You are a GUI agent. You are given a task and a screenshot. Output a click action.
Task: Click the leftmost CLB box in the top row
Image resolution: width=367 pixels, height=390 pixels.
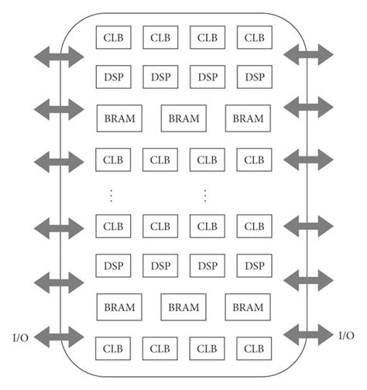[113, 36]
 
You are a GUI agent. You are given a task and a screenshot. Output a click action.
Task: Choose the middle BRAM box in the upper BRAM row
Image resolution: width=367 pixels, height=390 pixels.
[183, 118]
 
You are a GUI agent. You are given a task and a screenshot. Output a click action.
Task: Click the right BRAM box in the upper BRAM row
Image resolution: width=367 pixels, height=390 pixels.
[248, 118]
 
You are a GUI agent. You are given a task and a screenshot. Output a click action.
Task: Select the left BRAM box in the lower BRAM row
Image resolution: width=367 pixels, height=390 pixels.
[118, 307]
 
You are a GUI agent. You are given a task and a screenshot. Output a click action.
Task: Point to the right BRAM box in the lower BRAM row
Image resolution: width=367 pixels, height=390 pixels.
[248, 307]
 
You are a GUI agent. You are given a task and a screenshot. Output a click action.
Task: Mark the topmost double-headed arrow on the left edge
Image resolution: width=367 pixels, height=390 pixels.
[59, 56]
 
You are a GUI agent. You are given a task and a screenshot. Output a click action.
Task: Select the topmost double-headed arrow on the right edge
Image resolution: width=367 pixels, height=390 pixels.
[309, 54]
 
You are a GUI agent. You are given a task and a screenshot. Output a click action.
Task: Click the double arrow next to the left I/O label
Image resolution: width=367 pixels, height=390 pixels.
[59, 337]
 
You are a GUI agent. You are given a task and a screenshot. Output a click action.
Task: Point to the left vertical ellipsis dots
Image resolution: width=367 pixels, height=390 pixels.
[111, 195]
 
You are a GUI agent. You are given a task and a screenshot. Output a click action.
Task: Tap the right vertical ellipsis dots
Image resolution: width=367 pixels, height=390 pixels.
[205, 195]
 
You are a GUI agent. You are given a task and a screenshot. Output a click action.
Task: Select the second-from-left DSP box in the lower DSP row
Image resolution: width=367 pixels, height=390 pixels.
[160, 265]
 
